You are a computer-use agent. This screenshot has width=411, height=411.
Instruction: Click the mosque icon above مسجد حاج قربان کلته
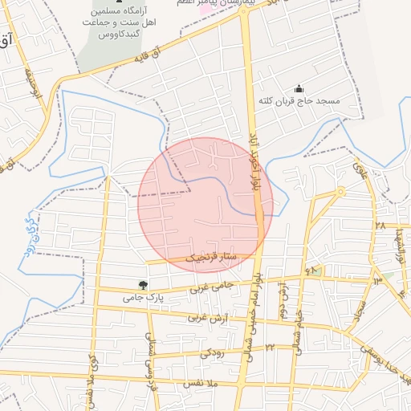click(299, 88)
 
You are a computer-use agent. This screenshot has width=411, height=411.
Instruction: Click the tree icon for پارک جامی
click(143, 284)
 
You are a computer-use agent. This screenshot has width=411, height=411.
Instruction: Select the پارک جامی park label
click(143, 297)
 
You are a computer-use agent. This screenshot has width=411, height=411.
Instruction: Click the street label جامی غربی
click(211, 287)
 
